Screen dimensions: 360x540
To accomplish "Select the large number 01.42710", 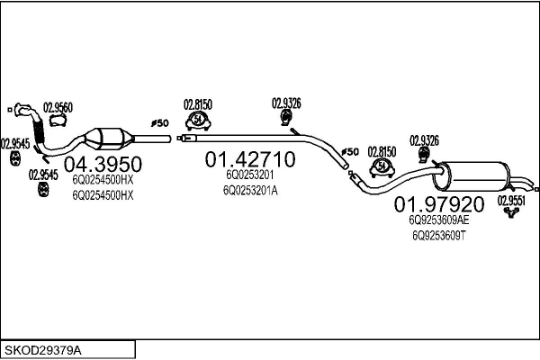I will pyautogui.click(x=249, y=160).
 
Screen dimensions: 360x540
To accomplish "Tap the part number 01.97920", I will pyautogui.click(x=439, y=203).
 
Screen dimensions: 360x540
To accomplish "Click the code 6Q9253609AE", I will pyautogui.click(x=438, y=219).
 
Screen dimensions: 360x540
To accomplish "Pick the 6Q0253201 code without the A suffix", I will pyautogui.click(x=249, y=175).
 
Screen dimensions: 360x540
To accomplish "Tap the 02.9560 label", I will pyautogui.click(x=58, y=107).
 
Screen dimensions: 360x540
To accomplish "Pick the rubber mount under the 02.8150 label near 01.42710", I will pyautogui.click(x=198, y=122).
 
